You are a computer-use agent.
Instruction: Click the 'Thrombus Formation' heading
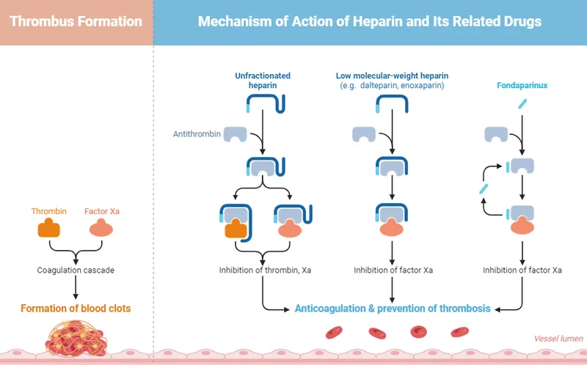[x=76, y=21]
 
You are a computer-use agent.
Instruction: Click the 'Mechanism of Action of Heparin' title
[x=370, y=21]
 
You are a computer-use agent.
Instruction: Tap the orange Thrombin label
[x=49, y=211]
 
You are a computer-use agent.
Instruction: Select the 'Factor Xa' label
[x=102, y=211]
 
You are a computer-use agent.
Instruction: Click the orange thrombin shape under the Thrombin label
[x=49, y=229]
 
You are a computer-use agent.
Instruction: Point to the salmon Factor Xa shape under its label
[x=102, y=229]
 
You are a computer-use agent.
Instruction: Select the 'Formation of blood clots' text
[x=76, y=309]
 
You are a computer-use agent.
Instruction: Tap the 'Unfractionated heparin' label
[x=263, y=81]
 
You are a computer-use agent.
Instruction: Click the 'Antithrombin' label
[x=197, y=134]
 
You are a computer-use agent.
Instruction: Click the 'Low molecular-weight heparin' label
[x=393, y=75]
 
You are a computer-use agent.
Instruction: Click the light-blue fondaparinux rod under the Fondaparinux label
[x=522, y=105]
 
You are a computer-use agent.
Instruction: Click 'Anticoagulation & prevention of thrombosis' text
[x=393, y=309]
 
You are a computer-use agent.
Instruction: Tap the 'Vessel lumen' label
[x=558, y=339]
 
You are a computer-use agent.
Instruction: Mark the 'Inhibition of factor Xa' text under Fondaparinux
[x=522, y=270]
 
